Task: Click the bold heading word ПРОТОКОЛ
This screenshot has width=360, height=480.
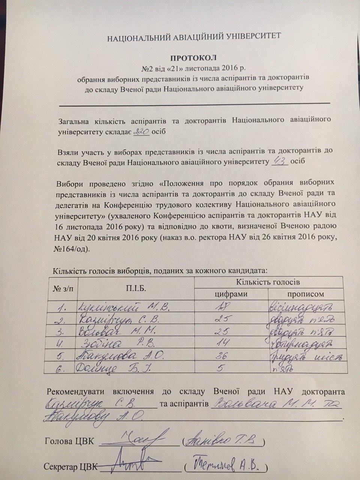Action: click(194, 58)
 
